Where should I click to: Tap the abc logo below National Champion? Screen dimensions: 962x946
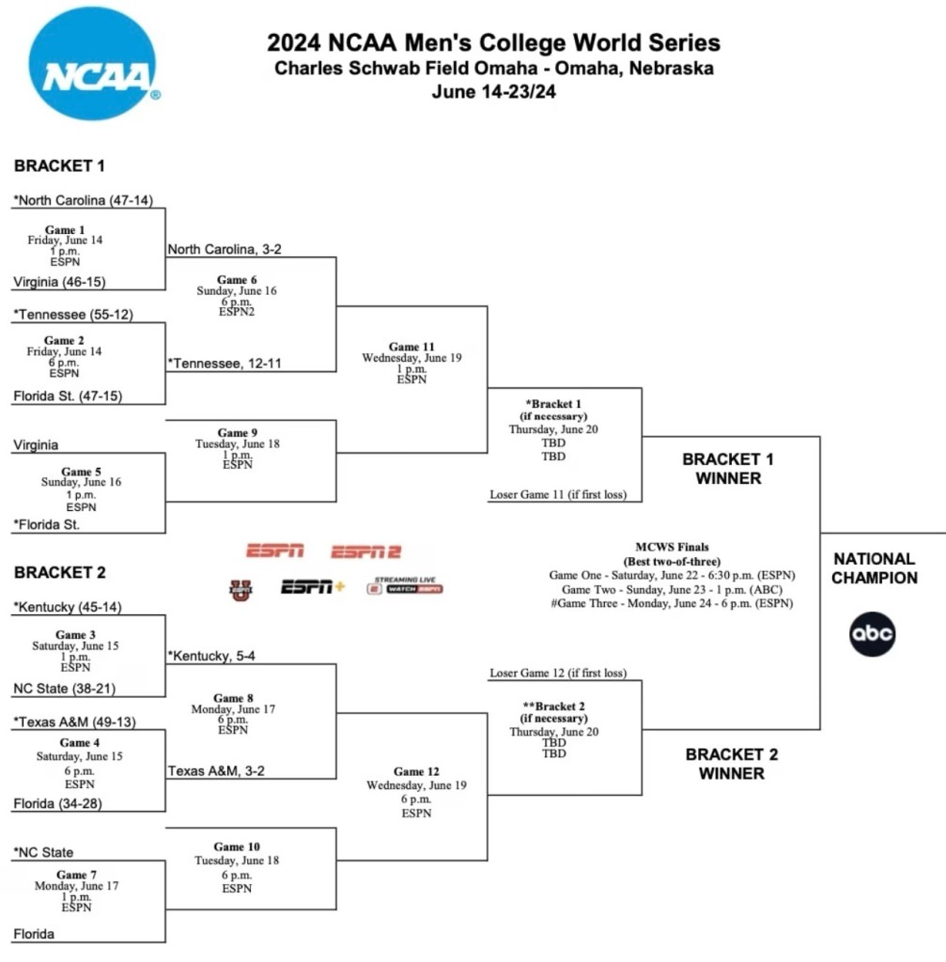click(873, 634)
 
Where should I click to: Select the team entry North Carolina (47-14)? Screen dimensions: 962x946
click(83, 200)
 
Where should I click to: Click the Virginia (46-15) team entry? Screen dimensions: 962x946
click(58, 281)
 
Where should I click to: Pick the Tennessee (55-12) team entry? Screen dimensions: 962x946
click(73, 315)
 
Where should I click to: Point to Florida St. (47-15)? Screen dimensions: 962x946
click(68, 396)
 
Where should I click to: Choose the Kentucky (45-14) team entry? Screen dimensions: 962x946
click(67, 607)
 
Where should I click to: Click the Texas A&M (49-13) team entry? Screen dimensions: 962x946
click(73, 721)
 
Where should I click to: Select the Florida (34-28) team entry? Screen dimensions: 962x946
click(59, 804)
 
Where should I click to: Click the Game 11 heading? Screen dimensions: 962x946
click(411, 347)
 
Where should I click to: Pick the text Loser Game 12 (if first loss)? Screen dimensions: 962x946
click(558, 674)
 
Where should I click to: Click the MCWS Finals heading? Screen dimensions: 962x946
click(672, 547)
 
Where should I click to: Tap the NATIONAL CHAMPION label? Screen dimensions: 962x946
click(875, 568)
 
